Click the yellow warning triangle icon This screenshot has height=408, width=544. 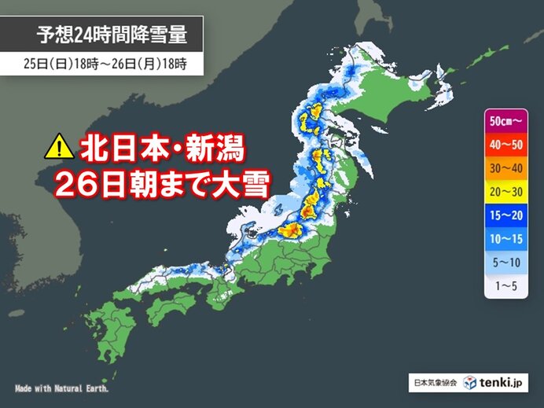click(57, 145)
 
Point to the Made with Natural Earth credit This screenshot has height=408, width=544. click(61, 388)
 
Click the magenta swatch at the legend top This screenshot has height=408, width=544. click(488, 123)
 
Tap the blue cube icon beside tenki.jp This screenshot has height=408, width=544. click(469, 383)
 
